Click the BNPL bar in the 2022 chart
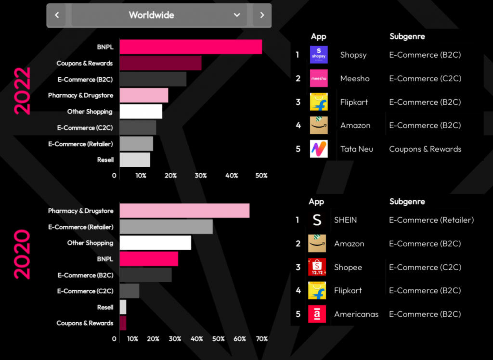[191, 47]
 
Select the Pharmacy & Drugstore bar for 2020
[184, 211]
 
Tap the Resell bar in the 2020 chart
[123, 307]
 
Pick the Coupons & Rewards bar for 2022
[160, 63]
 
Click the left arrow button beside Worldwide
[57, 15]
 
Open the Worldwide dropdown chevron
[237, 15]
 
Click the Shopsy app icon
[319, 55]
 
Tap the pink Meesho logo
[319, 78]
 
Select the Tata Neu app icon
[319, 149]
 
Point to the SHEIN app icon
[317, 220]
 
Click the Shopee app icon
[317, 267]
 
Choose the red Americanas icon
[317, 314]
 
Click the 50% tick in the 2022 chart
[261, 176]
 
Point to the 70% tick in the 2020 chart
[261, 339]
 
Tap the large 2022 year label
[22, 90]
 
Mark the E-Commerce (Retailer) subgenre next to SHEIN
[431, 220]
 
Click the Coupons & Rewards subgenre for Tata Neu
[425, 149]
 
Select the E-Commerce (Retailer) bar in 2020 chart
[166, 227]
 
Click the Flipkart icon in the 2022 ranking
[319, 102]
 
